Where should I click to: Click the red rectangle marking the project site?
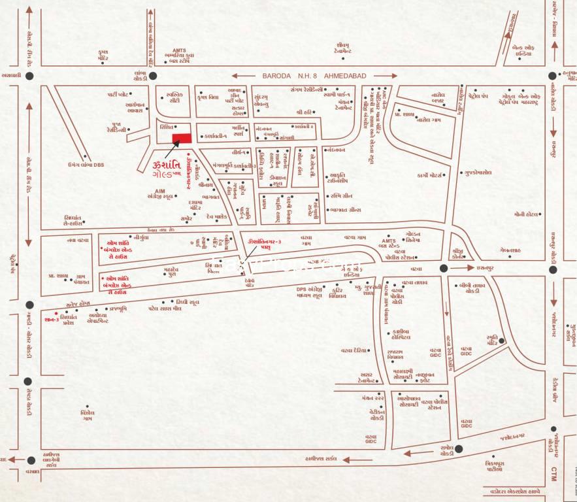click(182, 138)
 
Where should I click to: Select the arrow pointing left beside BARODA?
click(244, 76)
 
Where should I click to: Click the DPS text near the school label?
click(302, 288)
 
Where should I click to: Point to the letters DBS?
click(97, 165)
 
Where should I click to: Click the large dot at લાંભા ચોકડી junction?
click(152, 76)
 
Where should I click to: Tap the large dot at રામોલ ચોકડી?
click(459, 448)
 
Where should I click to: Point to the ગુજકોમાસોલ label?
click(478, 173)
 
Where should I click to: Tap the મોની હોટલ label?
click(525, 214)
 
